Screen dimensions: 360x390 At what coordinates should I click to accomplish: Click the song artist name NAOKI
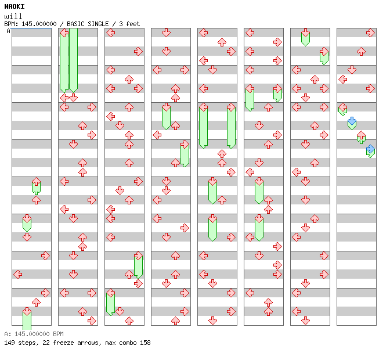[x=15, y=6]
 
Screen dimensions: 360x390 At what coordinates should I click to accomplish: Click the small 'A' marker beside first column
[x=8, y=31]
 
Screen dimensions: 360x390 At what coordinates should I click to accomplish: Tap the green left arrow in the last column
[x=342, y=108]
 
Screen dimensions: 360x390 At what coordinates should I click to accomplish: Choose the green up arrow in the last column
[x=361, y=136]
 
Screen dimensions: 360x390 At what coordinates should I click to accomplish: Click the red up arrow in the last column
[x=361, y=52]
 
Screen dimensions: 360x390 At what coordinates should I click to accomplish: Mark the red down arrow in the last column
[x=352, y=70]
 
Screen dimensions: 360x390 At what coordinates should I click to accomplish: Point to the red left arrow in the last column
[x=342, y=80]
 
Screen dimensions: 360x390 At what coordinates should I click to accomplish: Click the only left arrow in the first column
[x=17, y=275]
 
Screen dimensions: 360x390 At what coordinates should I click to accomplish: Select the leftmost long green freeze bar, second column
[x=64, y=61]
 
